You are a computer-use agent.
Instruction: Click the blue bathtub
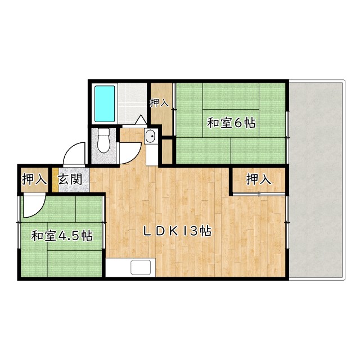[x=105, y=103]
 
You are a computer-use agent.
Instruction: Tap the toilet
[x=103, y=141]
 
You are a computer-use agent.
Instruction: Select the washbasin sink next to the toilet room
[x=151, y=136]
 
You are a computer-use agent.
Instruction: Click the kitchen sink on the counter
[x=141, y=267]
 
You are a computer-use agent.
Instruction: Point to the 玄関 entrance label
[x=70, y=179]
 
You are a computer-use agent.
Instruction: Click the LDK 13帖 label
[x=177, y=231]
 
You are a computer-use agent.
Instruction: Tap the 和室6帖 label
[x=231, y=123]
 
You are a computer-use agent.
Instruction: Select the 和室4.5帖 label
[x=62, y=236]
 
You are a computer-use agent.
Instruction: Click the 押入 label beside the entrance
[x=34, y=179]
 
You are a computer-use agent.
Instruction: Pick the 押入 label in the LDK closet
[x=259, y=179]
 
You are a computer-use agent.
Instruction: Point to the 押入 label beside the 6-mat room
[x=160, y=103]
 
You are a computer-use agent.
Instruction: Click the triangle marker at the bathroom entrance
[x=141, y=120]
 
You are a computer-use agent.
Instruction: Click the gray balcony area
[x=316, y=180]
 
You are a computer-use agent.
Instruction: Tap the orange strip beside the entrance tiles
[x=55, y=180]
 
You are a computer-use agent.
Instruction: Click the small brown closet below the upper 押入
[x=167, y=151]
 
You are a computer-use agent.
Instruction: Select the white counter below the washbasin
[x=151, y=155]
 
